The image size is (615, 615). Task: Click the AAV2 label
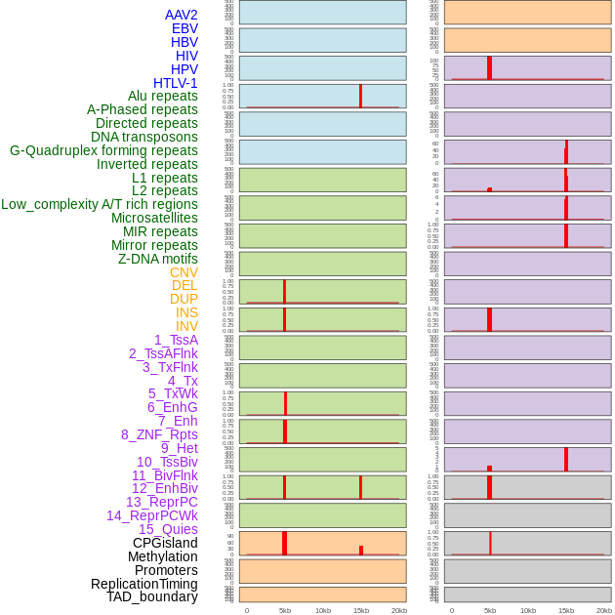[181, 15]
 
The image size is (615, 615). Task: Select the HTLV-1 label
[175, 83]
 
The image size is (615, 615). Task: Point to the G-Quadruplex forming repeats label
[103, 150]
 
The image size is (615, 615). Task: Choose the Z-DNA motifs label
[157, 259]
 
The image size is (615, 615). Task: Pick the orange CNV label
[184, 272]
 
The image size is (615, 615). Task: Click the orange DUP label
[184, 299]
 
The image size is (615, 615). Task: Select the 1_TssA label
[176, 340]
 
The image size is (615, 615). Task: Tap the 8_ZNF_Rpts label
[159, 434]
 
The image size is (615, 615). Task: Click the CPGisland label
[165, 543]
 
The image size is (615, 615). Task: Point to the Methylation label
[162, 556]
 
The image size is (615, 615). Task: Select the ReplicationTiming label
[143, 584]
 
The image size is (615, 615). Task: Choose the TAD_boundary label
[152, 596]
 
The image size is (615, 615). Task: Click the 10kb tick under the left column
[322, 610]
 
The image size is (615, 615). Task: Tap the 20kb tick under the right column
[604, 610]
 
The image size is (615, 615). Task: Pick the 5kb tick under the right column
[489, 610]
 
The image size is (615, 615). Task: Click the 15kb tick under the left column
[360, 610]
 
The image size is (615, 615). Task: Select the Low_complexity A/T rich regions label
[100, 204]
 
